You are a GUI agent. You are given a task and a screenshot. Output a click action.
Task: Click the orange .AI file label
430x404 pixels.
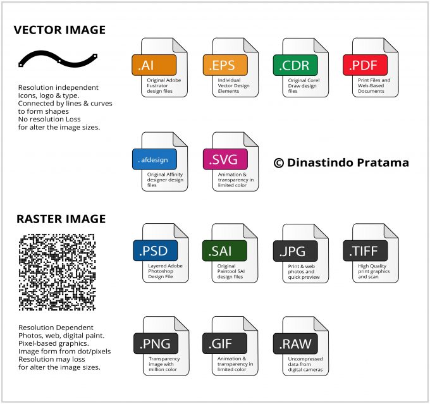154,65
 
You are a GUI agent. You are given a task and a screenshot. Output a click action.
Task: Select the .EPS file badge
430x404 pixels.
225,65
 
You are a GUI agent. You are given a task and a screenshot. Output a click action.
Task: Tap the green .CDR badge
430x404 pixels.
295,65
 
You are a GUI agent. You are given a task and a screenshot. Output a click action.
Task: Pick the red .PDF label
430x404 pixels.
365,65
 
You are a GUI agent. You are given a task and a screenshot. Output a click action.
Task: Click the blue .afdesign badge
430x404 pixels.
155,159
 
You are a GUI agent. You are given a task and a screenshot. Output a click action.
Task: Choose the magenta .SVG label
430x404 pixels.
225,159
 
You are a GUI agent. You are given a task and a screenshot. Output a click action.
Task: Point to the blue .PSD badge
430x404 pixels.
156,250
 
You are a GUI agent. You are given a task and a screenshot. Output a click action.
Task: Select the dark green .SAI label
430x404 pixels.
224,251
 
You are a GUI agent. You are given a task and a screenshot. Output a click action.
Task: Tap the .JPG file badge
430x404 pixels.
296,251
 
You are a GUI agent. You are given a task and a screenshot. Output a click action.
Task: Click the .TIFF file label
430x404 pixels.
365,251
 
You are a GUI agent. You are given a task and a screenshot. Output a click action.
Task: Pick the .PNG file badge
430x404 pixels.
156,343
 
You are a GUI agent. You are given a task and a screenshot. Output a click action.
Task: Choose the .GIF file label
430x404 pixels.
224,343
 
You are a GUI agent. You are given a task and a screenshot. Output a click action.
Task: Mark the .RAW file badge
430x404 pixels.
296,344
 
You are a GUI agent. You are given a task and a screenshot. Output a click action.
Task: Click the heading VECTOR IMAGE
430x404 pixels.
59,30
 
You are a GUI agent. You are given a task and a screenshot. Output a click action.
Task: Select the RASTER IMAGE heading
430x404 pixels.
61,219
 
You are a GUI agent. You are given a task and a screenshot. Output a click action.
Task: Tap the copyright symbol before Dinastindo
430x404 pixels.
279,163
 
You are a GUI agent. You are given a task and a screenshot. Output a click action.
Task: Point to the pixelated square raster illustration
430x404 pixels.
58,272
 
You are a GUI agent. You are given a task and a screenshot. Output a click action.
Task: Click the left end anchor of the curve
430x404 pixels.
21,64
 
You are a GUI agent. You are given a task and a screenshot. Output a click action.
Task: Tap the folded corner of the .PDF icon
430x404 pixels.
391,46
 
